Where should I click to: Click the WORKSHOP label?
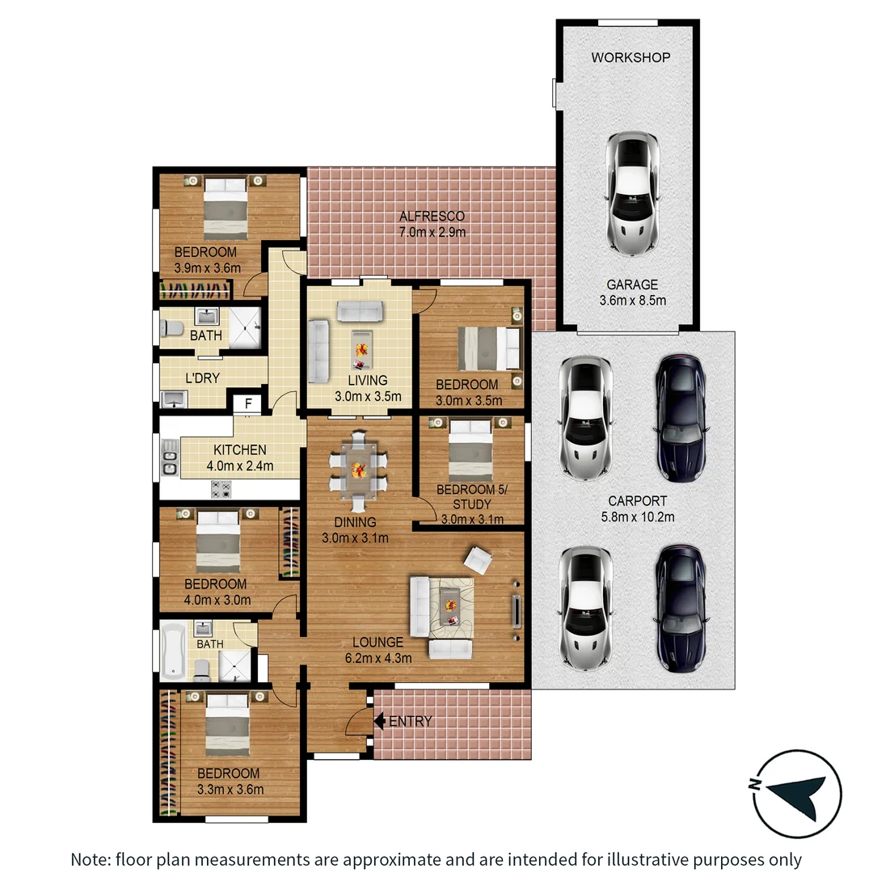630,57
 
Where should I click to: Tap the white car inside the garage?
632,193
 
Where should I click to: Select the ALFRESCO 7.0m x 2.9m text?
432,224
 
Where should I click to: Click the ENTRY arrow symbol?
381,720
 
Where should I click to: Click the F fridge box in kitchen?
248,403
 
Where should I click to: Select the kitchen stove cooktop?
221,488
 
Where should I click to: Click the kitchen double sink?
170,462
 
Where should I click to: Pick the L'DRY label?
203,377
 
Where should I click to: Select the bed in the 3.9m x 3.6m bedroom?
224,207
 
